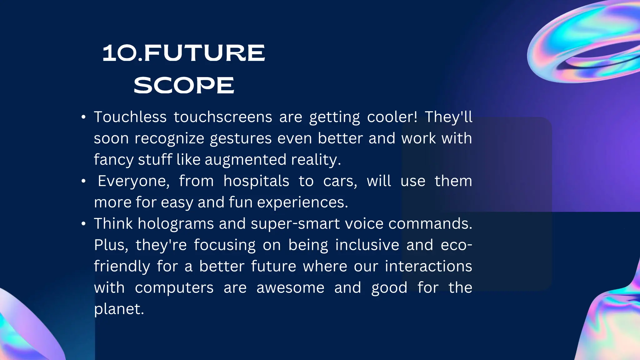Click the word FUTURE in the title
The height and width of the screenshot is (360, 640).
[x=204, y=53]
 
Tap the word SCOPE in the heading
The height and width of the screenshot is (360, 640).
[x=184, y=85]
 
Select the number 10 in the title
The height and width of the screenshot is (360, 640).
[x=120, y=53]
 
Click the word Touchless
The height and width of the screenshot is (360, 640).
[x=130, y=117]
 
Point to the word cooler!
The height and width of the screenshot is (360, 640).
[x=392, y=117]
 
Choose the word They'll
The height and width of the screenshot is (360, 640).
[x=448, y=117]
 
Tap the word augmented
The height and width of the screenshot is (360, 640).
[x=245, y=160]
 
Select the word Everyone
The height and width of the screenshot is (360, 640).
[x=133, y=181]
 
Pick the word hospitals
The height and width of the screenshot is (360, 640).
[x=256, y=181]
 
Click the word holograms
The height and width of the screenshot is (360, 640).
[x=176, y=224]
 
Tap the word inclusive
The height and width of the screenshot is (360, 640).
[x=367, y=245]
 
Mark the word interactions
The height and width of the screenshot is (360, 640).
[x=428, y=266]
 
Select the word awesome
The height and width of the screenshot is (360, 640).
[x=290, y=287]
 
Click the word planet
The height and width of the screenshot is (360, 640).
[x=119, y=309]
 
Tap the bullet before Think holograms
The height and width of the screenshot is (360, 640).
[x=83, y=224]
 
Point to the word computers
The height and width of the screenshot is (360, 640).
[x=174, y=287]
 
